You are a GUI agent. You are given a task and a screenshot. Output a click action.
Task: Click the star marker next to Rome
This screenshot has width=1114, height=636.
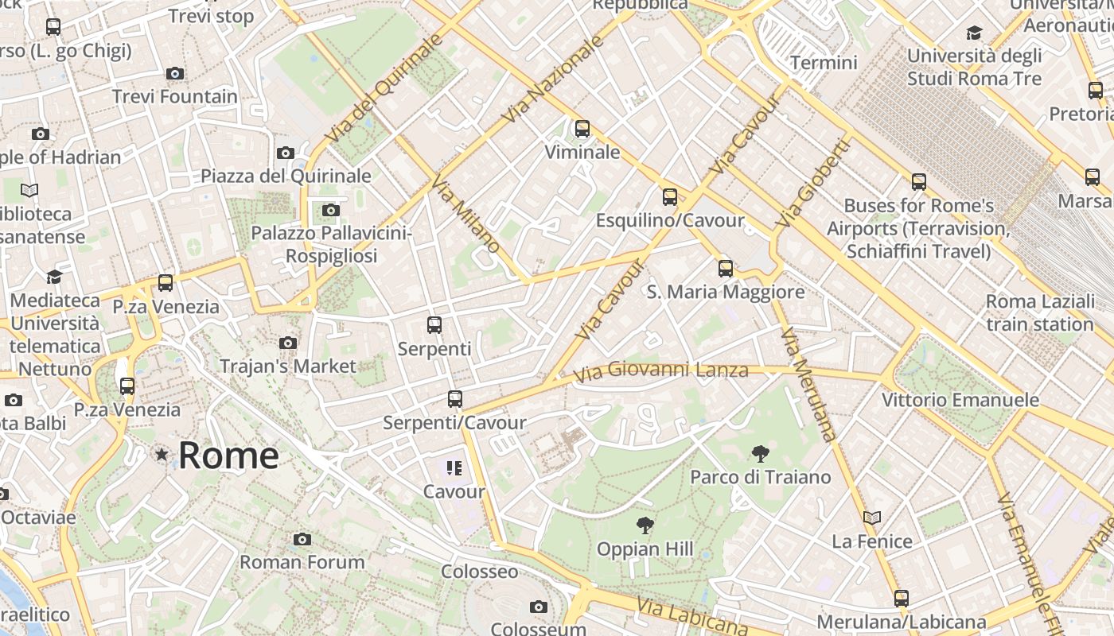[x=162, y=455]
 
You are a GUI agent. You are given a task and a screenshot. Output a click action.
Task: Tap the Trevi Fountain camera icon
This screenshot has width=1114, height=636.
[x=175, y=74]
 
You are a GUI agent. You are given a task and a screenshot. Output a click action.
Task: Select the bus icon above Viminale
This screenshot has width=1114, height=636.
[x=582, y=128]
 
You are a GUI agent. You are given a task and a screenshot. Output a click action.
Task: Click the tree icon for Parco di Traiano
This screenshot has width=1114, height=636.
[x=761, y=454]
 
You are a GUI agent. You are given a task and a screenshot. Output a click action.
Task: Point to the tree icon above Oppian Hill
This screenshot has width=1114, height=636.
[x=645, y=525]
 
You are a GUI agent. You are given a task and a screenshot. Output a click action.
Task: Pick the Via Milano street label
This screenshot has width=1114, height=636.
[x=465, y=215]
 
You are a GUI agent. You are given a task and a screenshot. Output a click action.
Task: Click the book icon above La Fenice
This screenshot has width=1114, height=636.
[x=872, y=518]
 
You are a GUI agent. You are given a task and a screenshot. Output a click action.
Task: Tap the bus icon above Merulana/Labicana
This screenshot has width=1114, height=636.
[x=901, y=599]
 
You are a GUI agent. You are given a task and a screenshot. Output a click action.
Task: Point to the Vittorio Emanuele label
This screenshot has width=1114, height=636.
[x=960, y=400]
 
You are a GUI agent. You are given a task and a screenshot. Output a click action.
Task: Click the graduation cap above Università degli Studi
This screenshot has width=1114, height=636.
[x=974, y=33]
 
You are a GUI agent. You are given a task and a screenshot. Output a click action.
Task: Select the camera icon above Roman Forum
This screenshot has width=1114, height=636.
[x=302, y=539]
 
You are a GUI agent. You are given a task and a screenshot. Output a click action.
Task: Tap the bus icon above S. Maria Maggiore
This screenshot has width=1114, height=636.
[x=726, y=268]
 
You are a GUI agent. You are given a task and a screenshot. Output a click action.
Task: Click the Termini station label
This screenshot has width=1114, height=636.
[x=824, y=63]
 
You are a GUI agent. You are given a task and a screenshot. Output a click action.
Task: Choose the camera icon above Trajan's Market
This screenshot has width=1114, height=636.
[x=288, y=343]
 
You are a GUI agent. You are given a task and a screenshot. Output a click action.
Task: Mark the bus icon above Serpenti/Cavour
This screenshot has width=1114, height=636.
[x=455, y=399]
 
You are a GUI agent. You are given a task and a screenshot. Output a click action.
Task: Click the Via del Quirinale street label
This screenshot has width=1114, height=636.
[x=384, y=89]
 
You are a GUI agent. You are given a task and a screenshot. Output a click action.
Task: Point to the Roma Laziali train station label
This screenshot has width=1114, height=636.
[x=1040, y=313]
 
